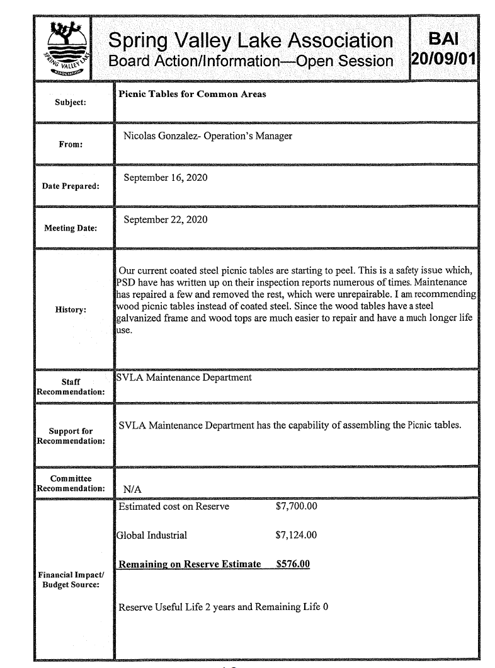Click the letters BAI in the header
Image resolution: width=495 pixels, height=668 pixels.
pos(443,38)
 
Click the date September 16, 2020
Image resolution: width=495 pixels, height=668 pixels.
pos(166,178)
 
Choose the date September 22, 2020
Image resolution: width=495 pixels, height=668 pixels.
pos(166,220)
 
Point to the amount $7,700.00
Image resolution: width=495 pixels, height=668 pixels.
pos(296,505)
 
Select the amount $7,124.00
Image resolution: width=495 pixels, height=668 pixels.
pos(296,536)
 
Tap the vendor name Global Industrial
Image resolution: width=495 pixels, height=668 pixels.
pos(152,536)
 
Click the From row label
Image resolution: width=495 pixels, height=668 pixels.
pos(69,144)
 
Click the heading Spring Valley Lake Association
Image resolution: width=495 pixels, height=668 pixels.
pos(251,41)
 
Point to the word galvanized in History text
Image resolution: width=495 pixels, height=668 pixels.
pos(140,318)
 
